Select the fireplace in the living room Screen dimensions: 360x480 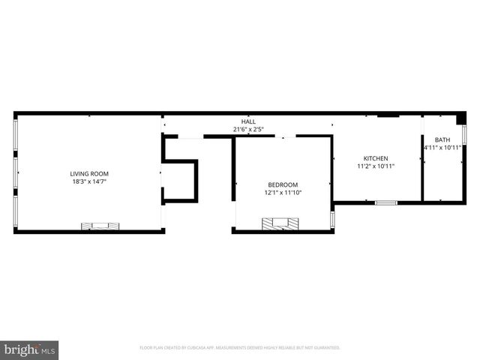point(100,226)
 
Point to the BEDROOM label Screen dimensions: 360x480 point(283,184)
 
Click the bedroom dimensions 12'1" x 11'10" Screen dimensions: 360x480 point(283,193)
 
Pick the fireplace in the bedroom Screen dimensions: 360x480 point(280,223)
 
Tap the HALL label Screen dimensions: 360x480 point(247,121)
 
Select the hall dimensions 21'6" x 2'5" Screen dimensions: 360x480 point(247,129)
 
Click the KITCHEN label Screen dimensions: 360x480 point(376,158)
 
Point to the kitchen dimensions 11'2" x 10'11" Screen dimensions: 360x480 point(376,166)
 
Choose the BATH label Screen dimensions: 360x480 point(442,139)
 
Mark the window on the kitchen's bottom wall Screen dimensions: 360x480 point(386,202)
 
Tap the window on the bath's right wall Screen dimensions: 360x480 point(465,135)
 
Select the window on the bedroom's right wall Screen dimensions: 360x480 point(332,220)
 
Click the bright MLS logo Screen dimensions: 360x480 point(29,349)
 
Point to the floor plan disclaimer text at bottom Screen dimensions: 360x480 point(240,348)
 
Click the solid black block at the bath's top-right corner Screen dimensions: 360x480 point(461,117)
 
